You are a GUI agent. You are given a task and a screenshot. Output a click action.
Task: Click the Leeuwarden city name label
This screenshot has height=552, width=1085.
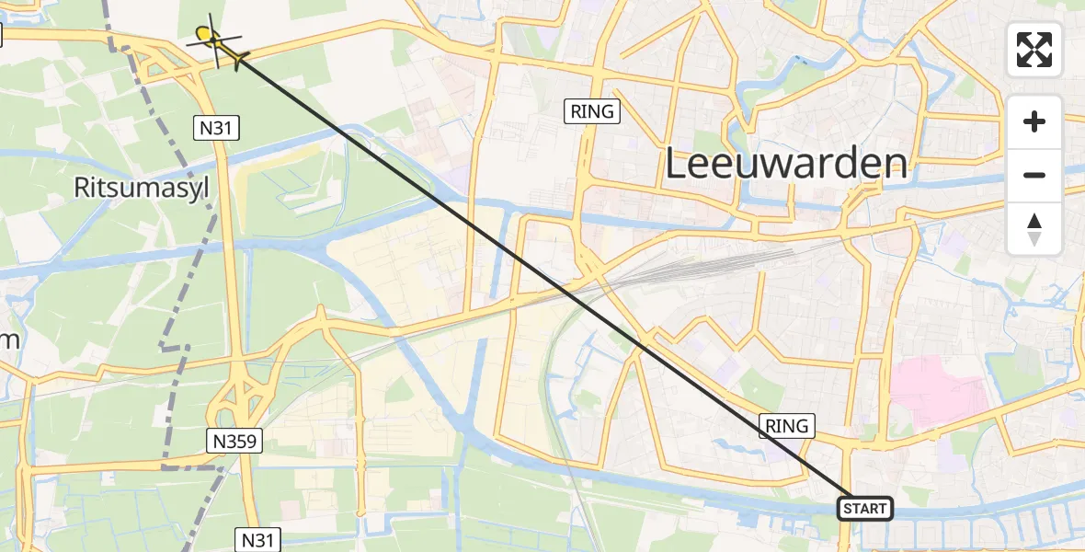click(x=785, y=165)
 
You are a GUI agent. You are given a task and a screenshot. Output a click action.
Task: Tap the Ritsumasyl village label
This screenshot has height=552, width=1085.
click(x=142, y=188)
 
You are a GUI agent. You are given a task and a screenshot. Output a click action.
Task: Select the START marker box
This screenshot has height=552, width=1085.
click(x=864, y=509)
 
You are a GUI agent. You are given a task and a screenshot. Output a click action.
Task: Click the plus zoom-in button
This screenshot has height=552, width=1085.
click(x=1034, y=122)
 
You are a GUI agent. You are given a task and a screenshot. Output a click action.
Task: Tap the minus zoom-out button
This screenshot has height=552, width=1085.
click(x=1034, y=175)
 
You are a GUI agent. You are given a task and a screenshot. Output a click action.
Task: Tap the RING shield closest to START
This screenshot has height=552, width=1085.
click(x=787, y=426)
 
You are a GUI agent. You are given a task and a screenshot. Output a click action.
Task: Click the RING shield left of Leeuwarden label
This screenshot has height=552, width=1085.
click(x=592, y=112)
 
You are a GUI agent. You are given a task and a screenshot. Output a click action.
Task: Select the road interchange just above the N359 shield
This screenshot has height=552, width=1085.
click(x=236, y=401)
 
